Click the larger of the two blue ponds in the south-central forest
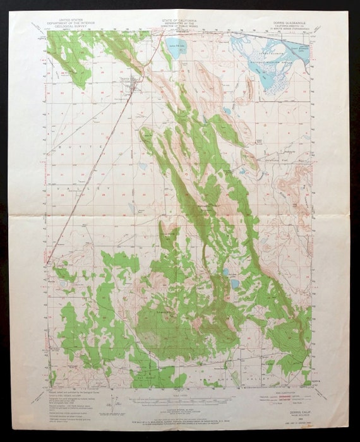pyautogui.click(x=235, y=284)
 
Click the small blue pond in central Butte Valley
pyautogui.click(x=144, y=167)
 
